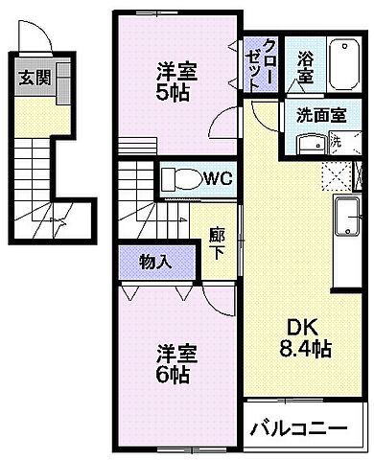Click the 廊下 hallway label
click(x=218, y=245)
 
